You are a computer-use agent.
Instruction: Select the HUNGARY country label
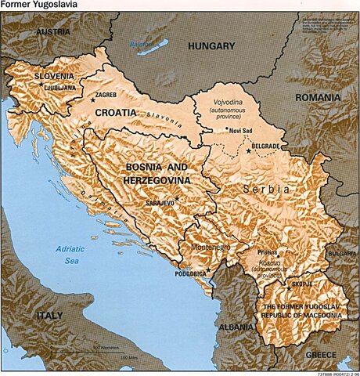point(211,46)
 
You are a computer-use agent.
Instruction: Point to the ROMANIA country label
point(318,97)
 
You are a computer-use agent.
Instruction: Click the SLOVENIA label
point(54,76)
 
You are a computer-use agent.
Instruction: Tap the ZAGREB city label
point(106,95)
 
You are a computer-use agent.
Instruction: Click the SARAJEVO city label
point(159,203)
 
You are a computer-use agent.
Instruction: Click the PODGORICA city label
point(191,273)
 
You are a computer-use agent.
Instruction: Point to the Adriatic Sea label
point(68,254)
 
